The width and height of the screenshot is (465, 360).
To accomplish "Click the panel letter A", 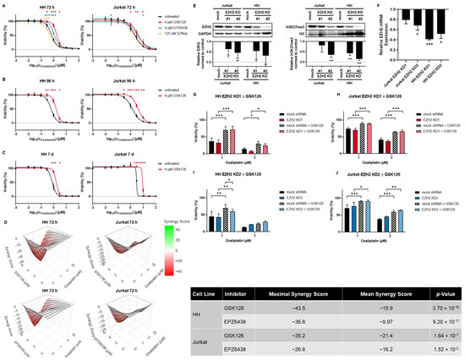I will pos(4,4).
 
